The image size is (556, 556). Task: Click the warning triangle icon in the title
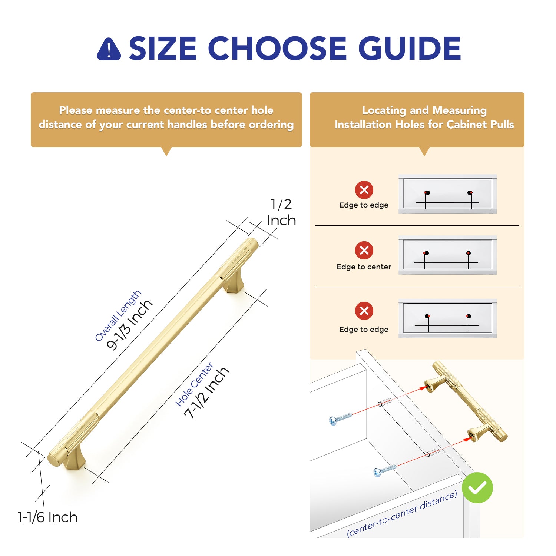(x=109, y=49)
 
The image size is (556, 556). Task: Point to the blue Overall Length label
(x=118, y=315)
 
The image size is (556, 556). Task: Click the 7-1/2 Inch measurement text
(x=206, y=393)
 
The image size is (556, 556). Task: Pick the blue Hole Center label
(x=194, y=384)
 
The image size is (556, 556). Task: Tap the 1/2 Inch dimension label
(x=281, y=212)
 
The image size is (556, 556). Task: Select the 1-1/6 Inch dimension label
(x=47, y=517)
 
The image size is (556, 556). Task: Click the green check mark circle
(x=477, y=488)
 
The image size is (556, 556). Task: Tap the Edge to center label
(x=364, y=267)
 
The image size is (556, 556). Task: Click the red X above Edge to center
(x=364, y=250)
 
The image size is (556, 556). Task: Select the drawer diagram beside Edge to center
(x=447, y=255)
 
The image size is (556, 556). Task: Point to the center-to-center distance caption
(x=402, y=514)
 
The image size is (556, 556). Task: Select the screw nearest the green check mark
(x=384, y=470)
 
